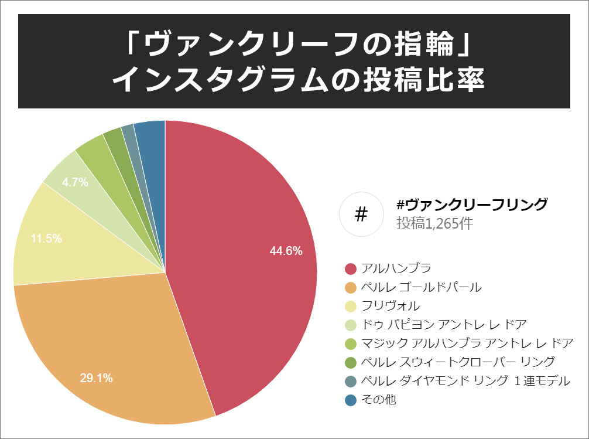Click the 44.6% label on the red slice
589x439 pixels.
pos(286,251)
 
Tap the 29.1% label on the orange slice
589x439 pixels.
pos(97,378)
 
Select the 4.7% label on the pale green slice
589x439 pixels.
pos(75,182)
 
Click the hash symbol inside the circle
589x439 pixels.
pos(361,215)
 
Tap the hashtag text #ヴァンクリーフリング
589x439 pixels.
pos(472,205)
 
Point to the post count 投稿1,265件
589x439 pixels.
pos(434,223)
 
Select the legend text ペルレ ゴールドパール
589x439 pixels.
pos(422,287)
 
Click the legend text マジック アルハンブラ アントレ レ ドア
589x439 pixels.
pos(467,343)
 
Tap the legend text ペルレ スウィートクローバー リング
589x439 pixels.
pos(458,362)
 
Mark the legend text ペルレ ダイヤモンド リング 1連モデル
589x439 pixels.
pos(465,381)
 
